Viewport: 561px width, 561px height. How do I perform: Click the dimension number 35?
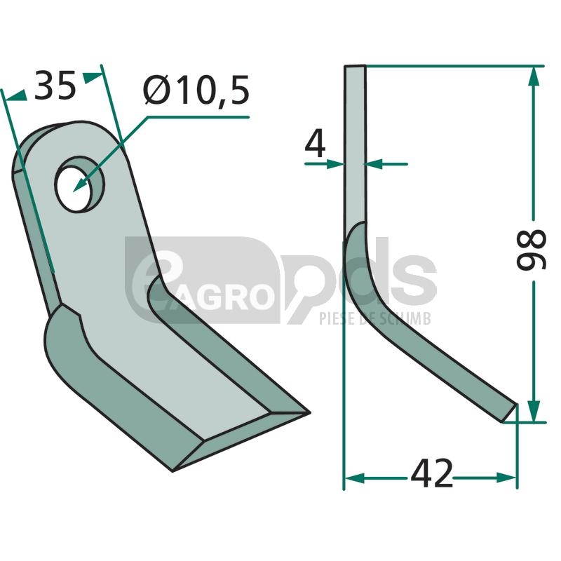point(55,86)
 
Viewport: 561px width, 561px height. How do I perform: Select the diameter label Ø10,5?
point(196,90)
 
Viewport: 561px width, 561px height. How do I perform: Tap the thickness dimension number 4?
point(315,144)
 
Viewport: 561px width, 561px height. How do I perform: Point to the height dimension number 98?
point(532,250)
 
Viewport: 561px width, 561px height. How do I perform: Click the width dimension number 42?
point(431,474)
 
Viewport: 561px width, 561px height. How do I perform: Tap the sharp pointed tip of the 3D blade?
point(309,412)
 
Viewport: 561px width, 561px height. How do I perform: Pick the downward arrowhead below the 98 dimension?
point(534,411)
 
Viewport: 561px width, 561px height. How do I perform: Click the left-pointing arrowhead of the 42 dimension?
point(355,478)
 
